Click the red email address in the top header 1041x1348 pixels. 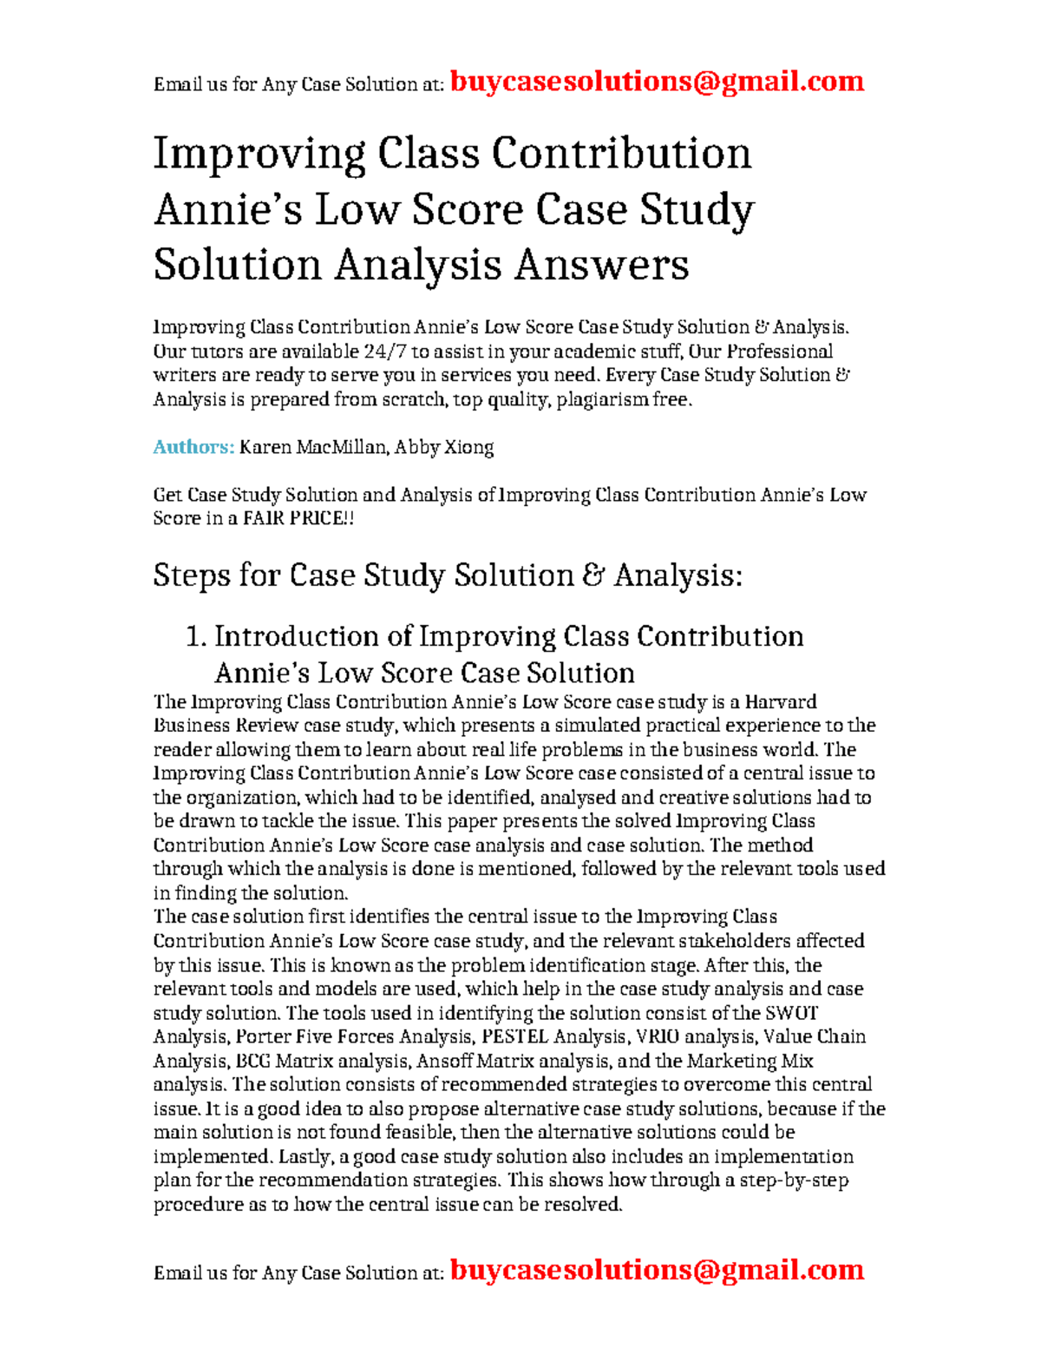pyautogui.click(x=657, y=82)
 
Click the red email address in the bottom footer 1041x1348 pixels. pyautogui.click(x=657, y=1270)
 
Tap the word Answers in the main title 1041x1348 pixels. pyautogui.click(x=601, y=265)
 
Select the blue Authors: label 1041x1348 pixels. pyautogui.click(x=193, y=447)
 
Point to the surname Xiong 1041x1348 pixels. pyautogui.click(x=468, y=447)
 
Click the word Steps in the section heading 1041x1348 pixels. pyautogui.click(x=191, y=575)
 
